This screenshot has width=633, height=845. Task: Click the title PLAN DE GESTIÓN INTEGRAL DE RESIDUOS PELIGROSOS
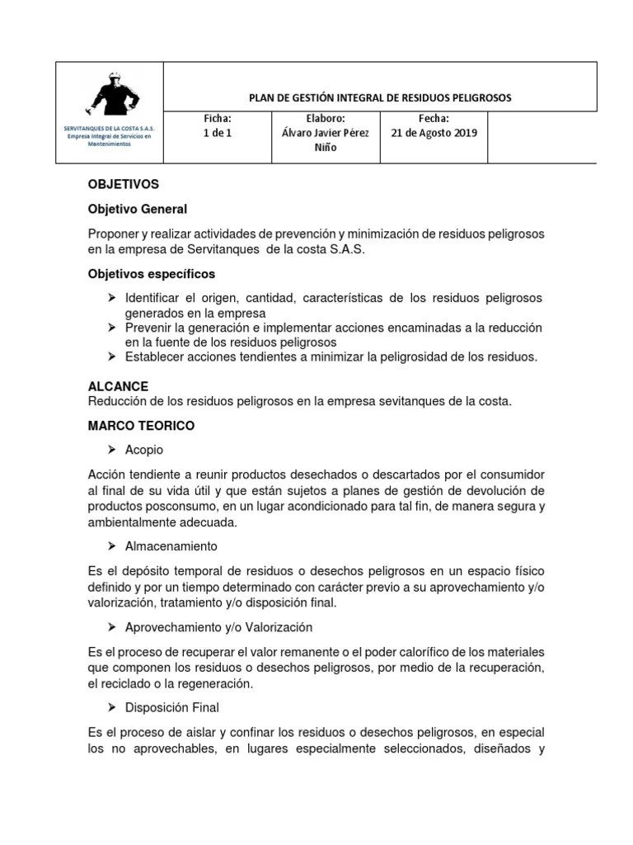click(x=379, y=97)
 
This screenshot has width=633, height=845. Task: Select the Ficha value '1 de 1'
click(x=217, y=133)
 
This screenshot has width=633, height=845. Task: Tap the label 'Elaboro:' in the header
click(x=326, y=119)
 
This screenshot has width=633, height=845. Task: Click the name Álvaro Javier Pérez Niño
click(x=326, y=140)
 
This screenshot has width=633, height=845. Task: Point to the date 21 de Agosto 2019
click(x=434, y=133)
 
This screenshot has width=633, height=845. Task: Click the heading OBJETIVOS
click(x=123, y=184)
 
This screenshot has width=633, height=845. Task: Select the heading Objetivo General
click(x=137, y=209)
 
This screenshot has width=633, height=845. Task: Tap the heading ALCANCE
click(x=118, y=386)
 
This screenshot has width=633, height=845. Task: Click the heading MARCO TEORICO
click(x=141, y=425)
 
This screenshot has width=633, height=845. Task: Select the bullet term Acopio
click(x=144, y=450)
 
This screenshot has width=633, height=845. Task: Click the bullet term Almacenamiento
click(x=171, y=546)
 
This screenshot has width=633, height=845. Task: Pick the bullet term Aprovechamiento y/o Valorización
click(x=218, y=627)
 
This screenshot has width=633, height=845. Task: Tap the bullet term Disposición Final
click(x=171, y=707)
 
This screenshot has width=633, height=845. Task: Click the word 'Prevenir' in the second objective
click(x=148, y=328)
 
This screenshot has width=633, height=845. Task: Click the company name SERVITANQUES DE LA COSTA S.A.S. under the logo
click(x=110, y=129)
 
